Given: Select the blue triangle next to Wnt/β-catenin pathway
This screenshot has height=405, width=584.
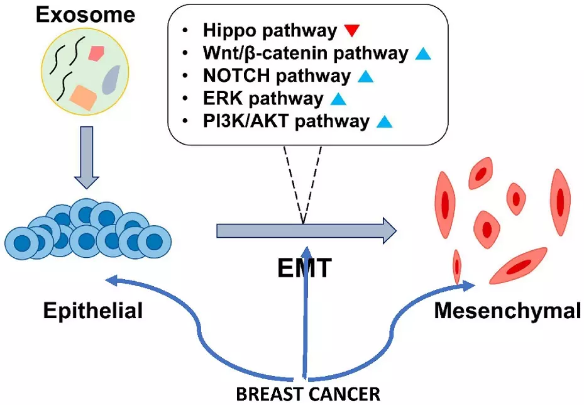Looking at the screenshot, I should pyautogui.click(x=423, y=54).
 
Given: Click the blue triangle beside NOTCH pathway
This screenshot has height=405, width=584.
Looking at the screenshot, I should pyautogui.click(x=365, y=77).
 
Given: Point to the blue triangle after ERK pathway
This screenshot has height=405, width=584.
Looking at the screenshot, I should pyautogui.click(x=338, y=99).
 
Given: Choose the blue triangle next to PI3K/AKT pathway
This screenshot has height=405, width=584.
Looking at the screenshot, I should pyautogui.click(x=384, y=121).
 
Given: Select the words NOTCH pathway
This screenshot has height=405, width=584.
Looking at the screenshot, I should pyautogui.click(x=277, y=76).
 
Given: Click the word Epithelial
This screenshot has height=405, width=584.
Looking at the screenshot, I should pyautogui.click(x=93, y=309).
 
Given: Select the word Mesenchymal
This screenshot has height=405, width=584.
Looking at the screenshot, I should pyautogui.click(x=507, y=310).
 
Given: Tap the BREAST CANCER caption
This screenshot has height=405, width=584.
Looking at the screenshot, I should pyautogui.click(x=308, y=394).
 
